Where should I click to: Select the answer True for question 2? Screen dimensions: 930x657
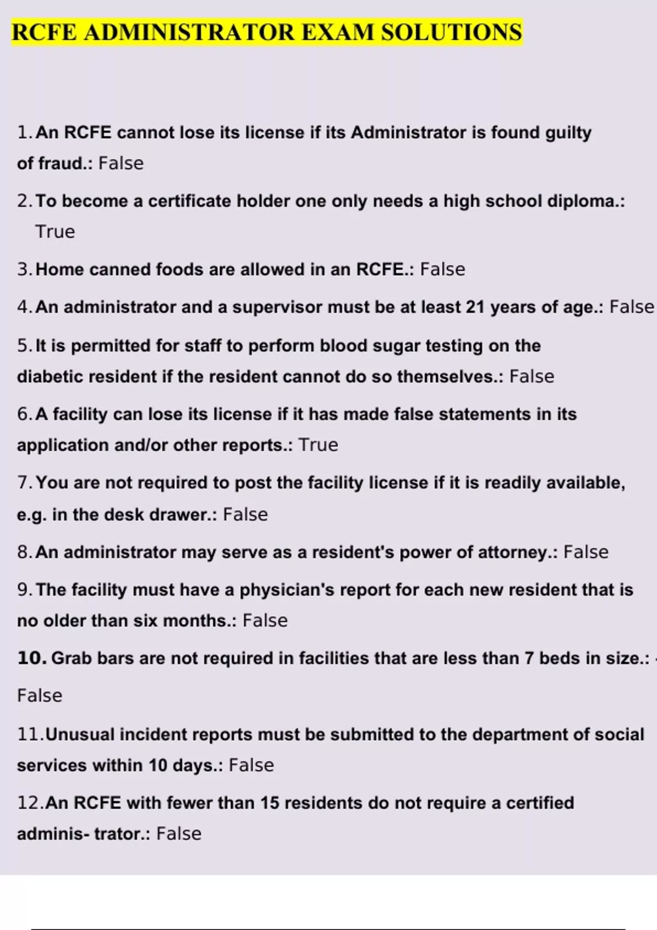pos(55,232)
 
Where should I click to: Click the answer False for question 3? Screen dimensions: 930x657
pos(442,270)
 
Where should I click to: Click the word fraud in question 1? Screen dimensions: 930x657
pos(60,164)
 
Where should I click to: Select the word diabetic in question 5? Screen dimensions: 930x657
pos(50,377)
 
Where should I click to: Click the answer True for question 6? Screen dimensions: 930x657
pos(318,445)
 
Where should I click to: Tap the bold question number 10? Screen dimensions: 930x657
pos(32,658)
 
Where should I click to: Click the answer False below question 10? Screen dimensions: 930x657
pos(39,696)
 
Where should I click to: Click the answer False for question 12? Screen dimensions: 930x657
pos(178,834)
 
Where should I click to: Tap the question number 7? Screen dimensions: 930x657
pos(25,483)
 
